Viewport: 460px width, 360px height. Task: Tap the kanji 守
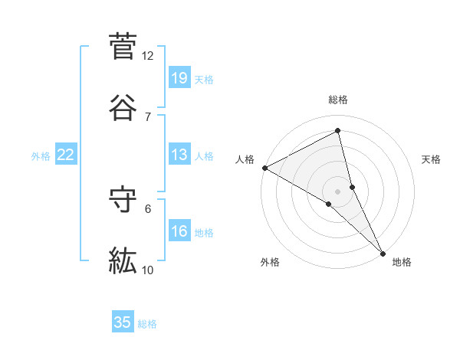(123, 200)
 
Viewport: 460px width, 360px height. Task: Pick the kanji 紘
(123, 261)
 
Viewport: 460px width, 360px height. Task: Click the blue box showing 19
(179, 78)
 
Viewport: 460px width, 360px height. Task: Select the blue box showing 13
(179, 155)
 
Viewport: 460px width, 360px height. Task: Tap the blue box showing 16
(179, 231)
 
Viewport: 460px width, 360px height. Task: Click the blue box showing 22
(66, 155)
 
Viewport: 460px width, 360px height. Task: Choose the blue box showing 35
(123, 322)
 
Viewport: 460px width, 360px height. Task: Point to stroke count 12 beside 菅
(147, 55)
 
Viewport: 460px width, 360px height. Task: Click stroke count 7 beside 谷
(147, 116)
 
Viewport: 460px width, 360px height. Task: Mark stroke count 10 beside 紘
(147, 270)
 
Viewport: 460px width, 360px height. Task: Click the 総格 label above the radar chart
(338, 100)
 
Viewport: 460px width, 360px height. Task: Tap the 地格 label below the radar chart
(402, 262)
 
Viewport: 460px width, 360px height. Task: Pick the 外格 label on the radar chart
(270, 262)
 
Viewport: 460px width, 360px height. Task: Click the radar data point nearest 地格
(383, 253)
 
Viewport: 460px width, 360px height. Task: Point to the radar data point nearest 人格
(264, 168)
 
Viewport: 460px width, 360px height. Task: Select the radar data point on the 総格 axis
(338, 131)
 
